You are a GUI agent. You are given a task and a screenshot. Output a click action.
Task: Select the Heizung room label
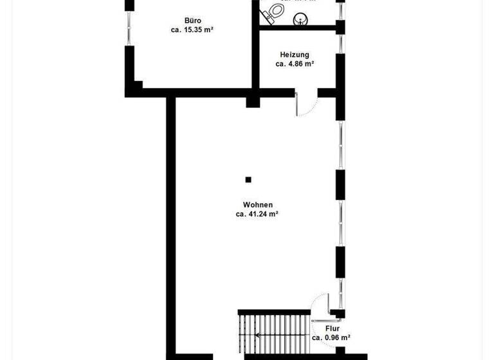pyautogui.click(x=295, y=55)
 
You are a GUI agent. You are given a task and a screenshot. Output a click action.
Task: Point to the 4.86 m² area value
pyautogui.click(x=295, y=64)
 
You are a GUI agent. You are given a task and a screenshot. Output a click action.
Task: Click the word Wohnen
pyautogui.click(x=248, y=205)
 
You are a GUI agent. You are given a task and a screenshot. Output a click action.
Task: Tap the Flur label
pyautogui.click(x=331, y=327)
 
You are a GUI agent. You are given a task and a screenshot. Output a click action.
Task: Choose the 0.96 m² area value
pyautogui.click(x=331, y=337)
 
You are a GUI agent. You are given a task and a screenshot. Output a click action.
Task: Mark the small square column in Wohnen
pyautogui.click(x=248, y=180)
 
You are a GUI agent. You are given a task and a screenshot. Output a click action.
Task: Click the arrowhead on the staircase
pyautogui.click(x=257, y=335)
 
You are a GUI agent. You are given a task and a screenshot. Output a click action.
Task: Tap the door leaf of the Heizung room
pyautogui.click(x=297, y=105)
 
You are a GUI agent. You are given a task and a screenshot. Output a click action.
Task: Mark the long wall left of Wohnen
pyautogui.click(x=171, y=225)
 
